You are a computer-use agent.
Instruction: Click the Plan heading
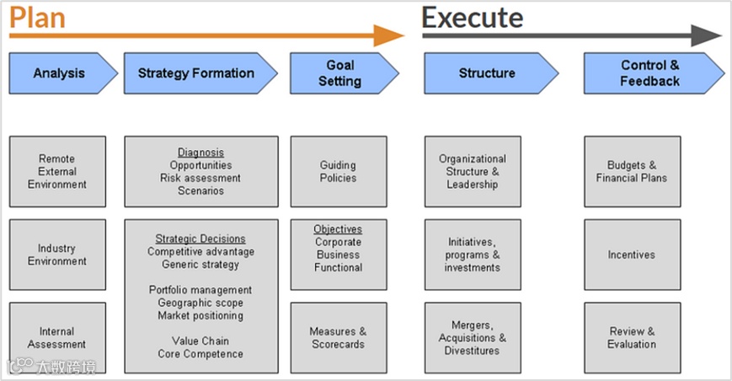click(x=37, y=16)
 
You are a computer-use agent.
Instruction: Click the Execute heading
click(x=472, y=17)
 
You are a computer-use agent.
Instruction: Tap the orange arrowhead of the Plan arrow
click(x=389, y=35)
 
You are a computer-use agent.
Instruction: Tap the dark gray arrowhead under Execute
click(x=707, y=35)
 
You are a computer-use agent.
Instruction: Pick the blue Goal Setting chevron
click(x=339, y=73)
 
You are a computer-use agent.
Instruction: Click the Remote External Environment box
click(x=57, y=171)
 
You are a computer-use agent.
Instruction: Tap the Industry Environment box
click(x=57, y=255)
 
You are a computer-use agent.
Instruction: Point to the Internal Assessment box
click(x=57, y=337)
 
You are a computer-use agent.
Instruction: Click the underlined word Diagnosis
click(x=200, y=153)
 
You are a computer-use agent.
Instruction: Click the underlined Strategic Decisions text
click(x=200, y=239)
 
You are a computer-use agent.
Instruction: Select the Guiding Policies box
click(x=339, y=171)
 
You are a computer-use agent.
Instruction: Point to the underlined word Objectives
click(x=338, y=229)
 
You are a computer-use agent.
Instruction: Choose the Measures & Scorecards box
click(x=339, y=337)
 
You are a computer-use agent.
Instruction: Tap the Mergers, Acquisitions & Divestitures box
click(x=473, y=337)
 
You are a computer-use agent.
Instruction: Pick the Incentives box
click(x=632, y=255)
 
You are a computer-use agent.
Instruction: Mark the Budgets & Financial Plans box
click(x=632, y=171)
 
